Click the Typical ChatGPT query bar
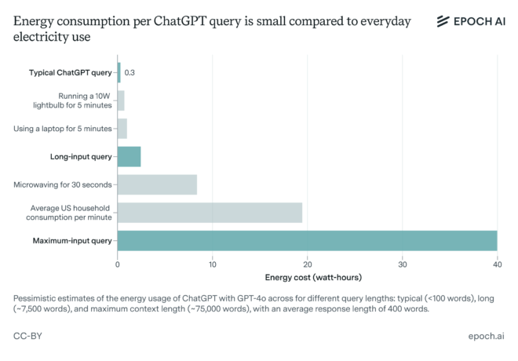119,73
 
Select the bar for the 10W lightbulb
121,100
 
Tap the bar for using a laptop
122,129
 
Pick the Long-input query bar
129,156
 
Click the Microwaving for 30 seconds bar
157,184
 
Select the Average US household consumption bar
210,212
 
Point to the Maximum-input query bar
307,240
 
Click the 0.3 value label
130,73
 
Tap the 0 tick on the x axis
118,264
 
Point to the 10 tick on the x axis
213,264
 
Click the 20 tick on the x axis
308,264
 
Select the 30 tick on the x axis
403,264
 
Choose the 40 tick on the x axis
497,264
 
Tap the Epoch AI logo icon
443,21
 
